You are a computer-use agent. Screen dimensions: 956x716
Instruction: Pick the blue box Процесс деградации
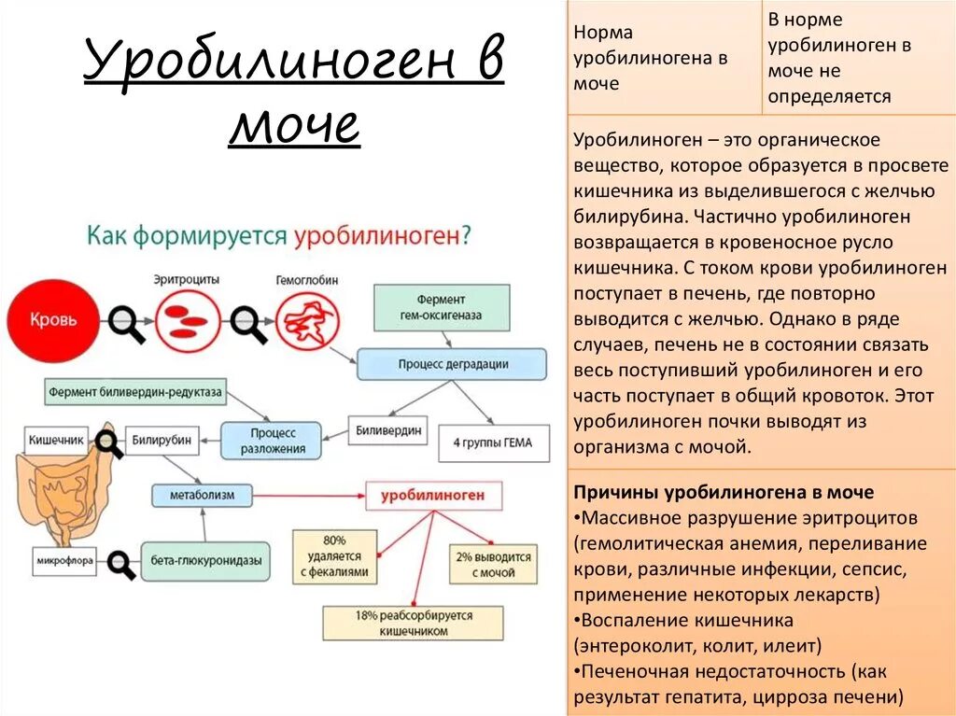point(453,363)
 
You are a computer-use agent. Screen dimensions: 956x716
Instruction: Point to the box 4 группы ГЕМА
point(491,442)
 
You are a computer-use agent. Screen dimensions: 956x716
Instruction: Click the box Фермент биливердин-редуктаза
point(135,392)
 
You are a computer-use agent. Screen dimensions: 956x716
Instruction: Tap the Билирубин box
point(162,439)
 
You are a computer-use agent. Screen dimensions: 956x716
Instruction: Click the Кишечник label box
point(58,438)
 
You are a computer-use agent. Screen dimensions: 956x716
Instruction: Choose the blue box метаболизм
point(202,494)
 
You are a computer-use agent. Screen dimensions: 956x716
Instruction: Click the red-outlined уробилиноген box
point(432,496)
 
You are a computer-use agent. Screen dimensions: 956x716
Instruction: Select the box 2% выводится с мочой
point(493,564)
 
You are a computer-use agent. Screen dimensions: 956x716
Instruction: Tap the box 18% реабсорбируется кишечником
point(413,624)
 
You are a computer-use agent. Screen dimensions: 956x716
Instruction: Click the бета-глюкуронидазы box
point(205,562)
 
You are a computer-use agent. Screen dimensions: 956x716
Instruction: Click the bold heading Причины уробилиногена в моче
point(724,492)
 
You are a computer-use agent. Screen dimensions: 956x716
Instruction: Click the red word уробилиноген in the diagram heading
point(377,234)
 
